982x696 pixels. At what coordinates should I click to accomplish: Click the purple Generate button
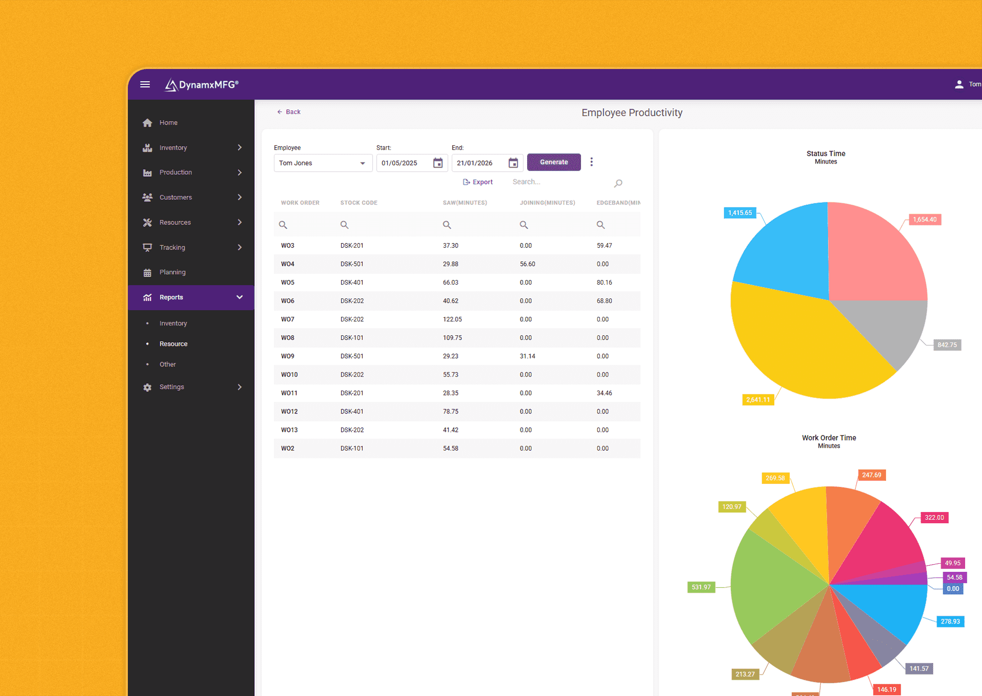point(553,162)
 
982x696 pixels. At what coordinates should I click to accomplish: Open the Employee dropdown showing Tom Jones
point(322,163)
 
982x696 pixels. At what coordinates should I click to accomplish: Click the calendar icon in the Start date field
point(438,163)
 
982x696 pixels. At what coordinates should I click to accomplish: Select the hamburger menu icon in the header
point(145,84)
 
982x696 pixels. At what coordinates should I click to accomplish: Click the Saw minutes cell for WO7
point(452,319)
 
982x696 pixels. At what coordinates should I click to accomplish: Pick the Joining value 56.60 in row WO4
point(527,264)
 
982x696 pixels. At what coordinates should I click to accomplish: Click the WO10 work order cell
point(289,375)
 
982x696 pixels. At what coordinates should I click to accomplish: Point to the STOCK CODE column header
point(359,203)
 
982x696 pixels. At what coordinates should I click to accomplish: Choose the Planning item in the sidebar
point(172,272)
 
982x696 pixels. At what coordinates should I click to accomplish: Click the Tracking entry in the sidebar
point(172,247)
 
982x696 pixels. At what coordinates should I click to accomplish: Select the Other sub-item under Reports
point(167,364)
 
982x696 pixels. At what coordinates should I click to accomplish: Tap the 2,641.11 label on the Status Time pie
point(757,400)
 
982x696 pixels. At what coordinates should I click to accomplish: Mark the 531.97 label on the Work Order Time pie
point(701,587)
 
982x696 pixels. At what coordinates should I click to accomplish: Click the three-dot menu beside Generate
point(592,162)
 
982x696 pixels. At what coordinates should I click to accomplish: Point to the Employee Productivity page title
point(632,112)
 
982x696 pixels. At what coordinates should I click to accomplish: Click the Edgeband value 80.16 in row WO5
point(604,283)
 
